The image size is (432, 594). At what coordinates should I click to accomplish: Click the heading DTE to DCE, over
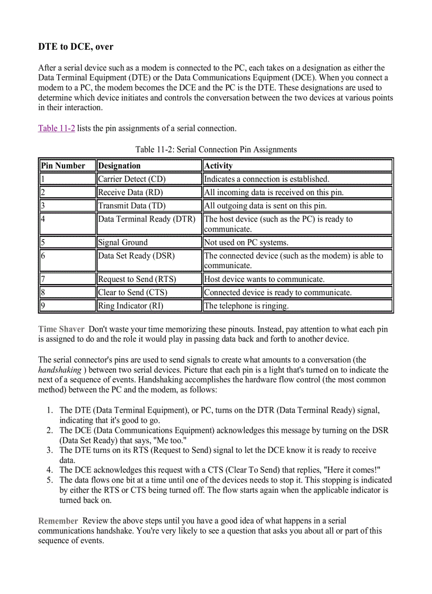pos(76,47)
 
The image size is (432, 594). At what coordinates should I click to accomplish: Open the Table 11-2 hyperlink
pos(57,128)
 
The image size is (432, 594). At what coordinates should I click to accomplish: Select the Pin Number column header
pos(62,166)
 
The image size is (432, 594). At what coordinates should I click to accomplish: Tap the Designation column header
pos(120,166)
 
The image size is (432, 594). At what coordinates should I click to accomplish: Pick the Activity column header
pos(218,166)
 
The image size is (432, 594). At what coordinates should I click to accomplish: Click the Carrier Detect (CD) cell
pos(132,179)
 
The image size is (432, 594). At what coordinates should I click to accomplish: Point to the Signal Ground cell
pos(123,242)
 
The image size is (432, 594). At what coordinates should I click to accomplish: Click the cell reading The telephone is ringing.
pos(246,306)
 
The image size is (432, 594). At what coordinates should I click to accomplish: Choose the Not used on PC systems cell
pos(246,242)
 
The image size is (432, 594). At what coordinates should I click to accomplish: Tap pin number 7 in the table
pos(43,279)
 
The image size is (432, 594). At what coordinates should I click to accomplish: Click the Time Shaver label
pos(61,329)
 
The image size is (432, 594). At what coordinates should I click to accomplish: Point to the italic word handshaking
pos(59,370)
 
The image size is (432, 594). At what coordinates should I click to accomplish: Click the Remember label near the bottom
pos(58,521)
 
